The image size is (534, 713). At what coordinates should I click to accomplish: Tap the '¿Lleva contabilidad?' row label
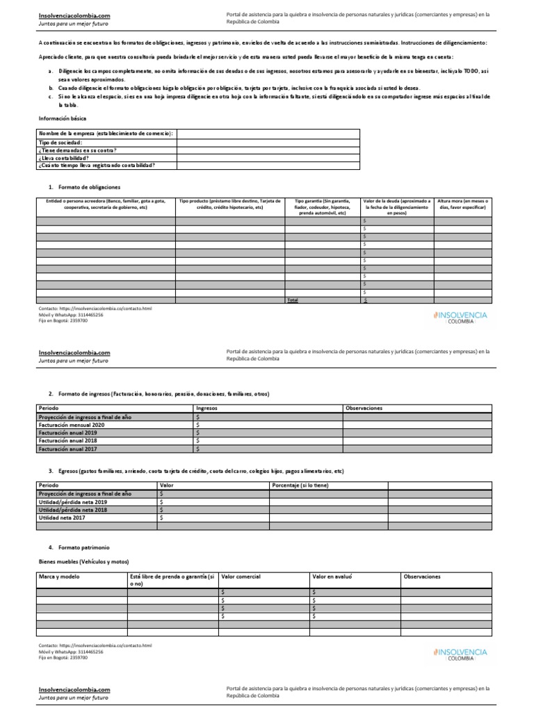tap(66, 157)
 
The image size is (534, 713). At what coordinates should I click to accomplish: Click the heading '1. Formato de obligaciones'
tap(84, 187)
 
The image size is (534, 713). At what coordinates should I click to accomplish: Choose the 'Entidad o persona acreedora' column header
tap(105, 204)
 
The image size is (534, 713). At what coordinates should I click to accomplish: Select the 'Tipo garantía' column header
tap(323, 207)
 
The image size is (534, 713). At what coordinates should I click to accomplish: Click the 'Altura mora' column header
tap(462, 204)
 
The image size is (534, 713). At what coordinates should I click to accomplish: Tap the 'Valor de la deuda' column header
tap(397, 207)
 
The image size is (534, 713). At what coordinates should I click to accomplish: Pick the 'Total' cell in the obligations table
tap(293, 299)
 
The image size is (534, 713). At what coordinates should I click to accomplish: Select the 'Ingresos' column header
tap(207, 408)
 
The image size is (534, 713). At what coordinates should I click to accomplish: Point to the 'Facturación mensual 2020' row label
tap(72, 424)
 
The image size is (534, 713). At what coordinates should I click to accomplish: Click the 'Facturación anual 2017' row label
tap(67, 449)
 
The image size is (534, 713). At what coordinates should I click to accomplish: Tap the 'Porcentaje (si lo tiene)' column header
tap(300, 485)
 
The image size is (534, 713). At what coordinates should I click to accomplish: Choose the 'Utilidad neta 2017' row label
tap(62, 517)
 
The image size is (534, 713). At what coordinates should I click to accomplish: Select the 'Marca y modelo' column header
tap(59, 577)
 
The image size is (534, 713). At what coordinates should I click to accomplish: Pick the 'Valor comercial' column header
tap(241, 577)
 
